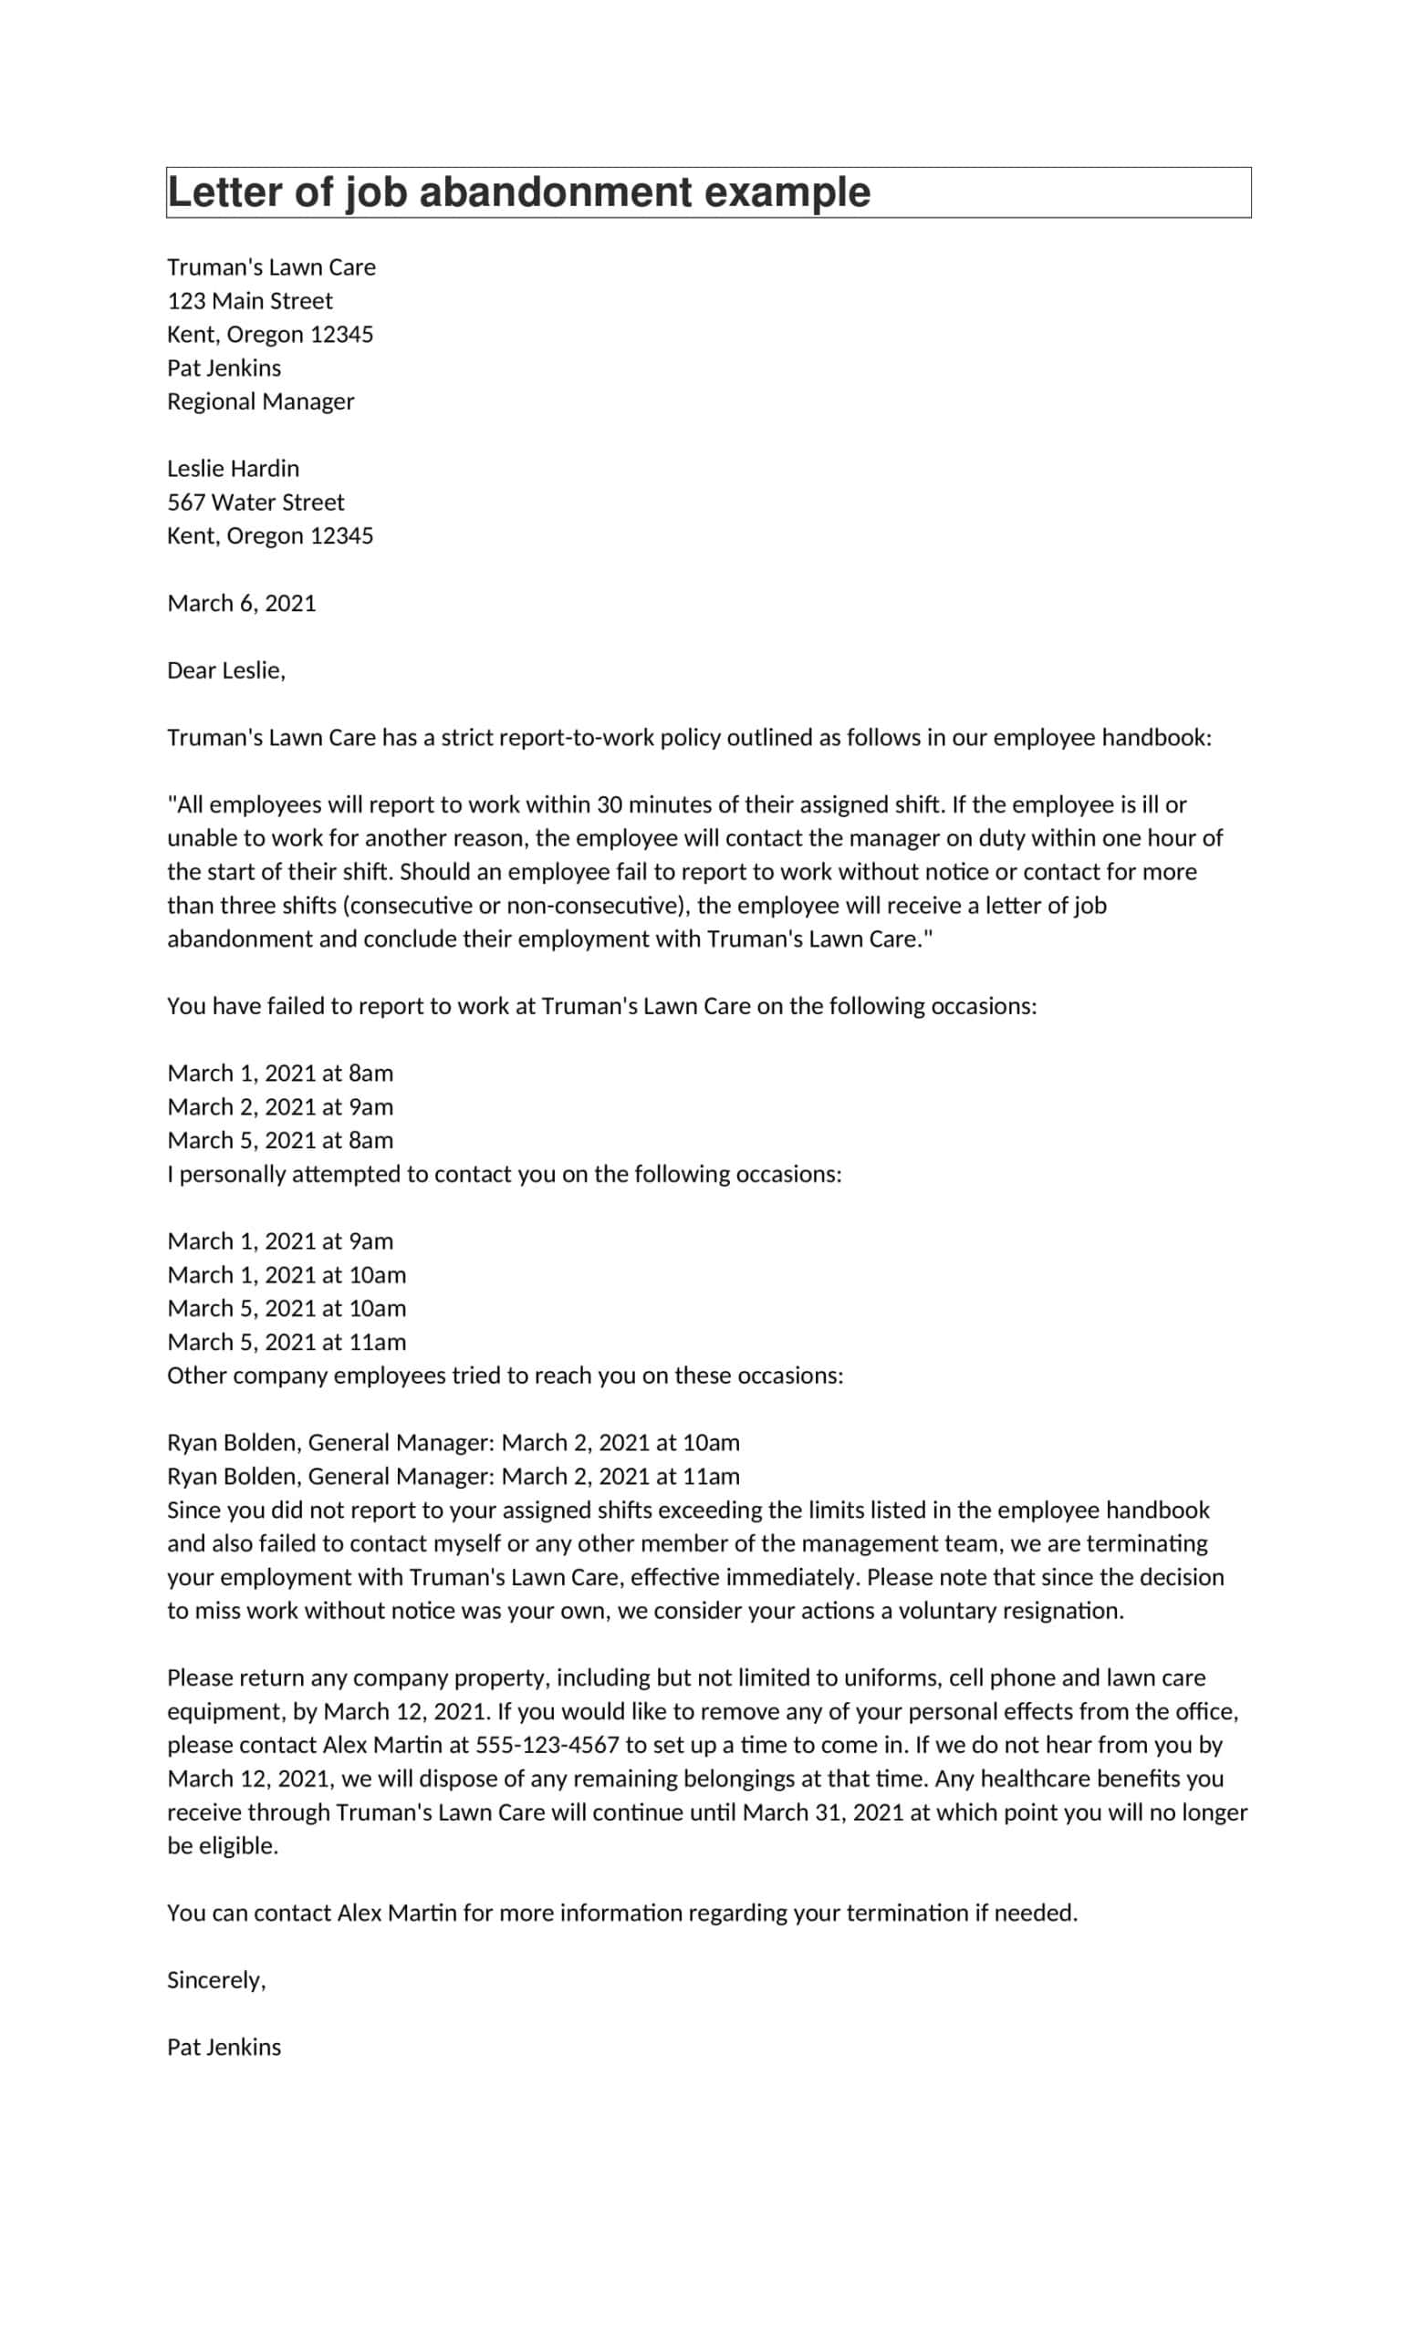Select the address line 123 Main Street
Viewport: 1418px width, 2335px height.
(249, 300)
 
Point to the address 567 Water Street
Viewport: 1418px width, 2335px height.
(255, 503)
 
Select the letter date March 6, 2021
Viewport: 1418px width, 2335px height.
(241, 603)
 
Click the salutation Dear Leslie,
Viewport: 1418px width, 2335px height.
(225, 670)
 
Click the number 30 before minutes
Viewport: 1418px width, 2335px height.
(609, 804)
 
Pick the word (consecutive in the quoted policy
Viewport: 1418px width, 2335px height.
(408, 905)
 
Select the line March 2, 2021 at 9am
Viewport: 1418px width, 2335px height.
(279, 1107)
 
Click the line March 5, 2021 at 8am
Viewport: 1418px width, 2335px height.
(279, 1140)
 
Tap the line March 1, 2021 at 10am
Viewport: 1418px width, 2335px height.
(287, 1274)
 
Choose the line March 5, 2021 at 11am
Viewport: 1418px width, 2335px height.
(287, 1342)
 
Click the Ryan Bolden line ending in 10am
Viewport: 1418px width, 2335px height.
(454, 1442)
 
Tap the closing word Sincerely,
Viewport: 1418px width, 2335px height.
(216, 1979)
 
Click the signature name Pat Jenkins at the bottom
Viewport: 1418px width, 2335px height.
(224, 2047)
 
